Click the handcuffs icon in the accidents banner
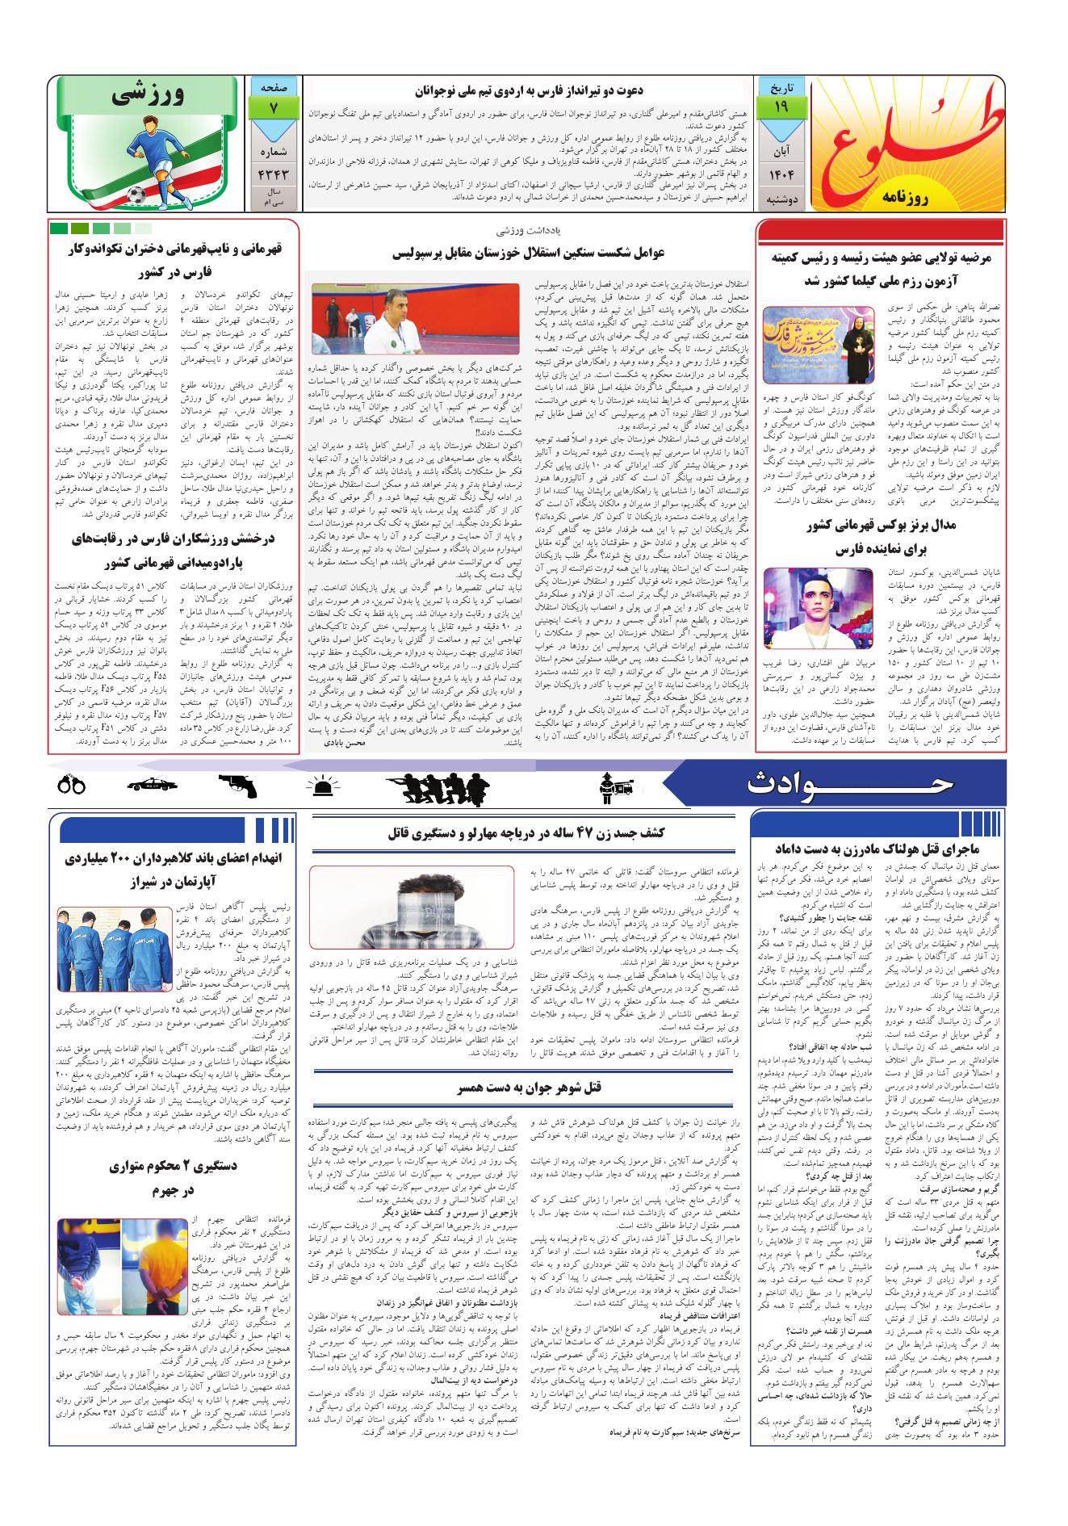(72, 783)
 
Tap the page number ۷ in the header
(273, 105)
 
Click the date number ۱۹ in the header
(781, 105)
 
